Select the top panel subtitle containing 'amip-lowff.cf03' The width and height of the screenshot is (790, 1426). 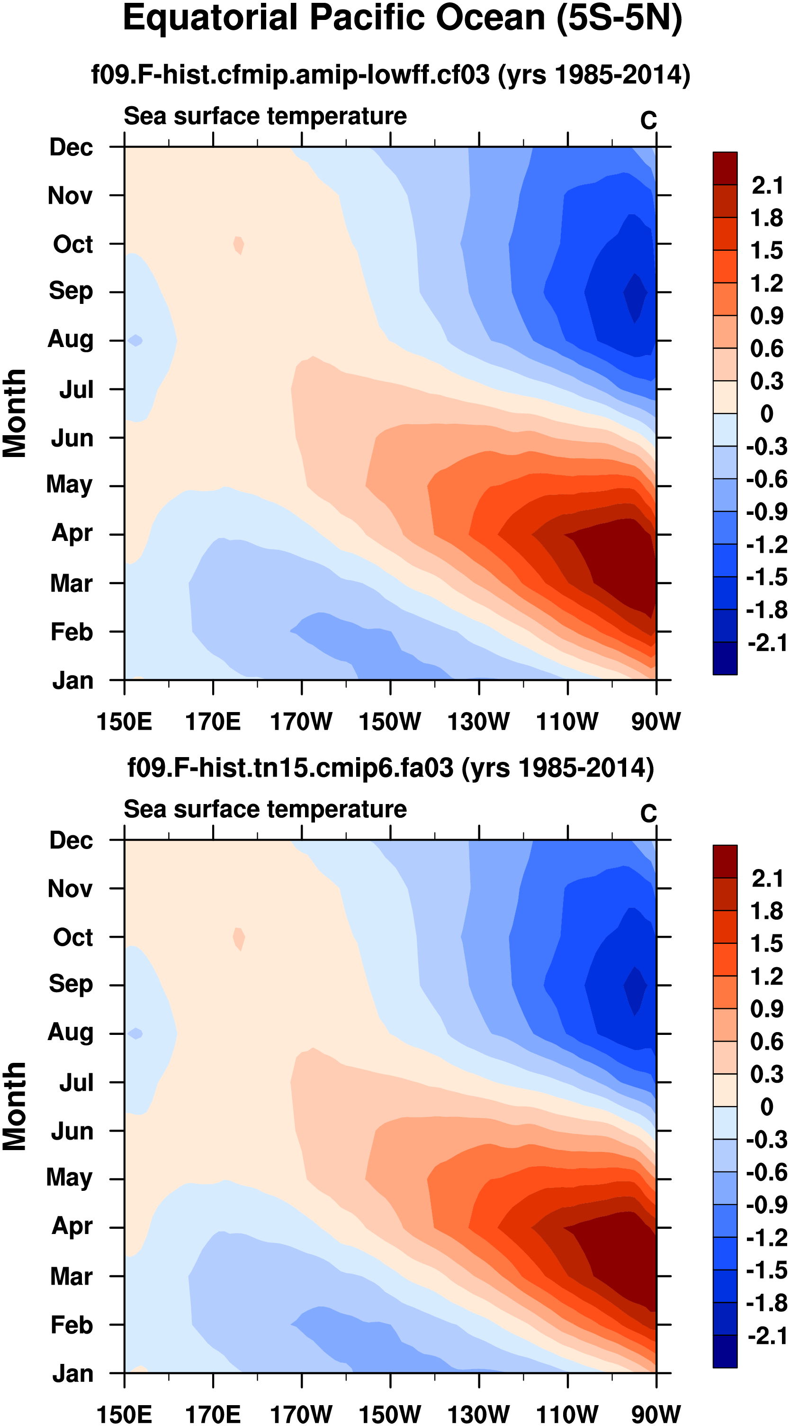(x=391, y=74)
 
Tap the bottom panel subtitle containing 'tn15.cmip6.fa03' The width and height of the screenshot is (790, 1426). (x=391, y=768)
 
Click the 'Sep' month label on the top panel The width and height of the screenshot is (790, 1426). (x=71, y=291)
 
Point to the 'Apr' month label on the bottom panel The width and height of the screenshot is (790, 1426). (x=72, y=1225)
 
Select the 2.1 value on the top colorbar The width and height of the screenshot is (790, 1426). (x=767, y=185)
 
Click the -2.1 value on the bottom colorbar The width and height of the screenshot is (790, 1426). (x=767, y=1336)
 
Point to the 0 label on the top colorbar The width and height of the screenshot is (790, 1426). (x=767, y=413)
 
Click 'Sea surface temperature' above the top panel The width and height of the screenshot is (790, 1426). (x=265, y=116)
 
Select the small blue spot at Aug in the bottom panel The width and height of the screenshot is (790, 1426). (x=135, y=1033)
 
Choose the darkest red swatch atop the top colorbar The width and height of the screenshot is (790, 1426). (x=725, y=168)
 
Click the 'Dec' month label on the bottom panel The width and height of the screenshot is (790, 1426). (x=72, y=841)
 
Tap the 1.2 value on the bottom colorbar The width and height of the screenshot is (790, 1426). (x=767, y=977)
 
